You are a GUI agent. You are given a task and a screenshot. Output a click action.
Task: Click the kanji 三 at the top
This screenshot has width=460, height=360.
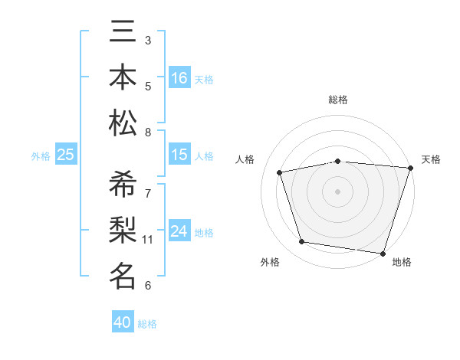123,33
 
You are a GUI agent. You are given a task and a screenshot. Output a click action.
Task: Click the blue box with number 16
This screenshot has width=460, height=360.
179,77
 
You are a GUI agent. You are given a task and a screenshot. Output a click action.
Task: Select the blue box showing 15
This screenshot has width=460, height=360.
179,155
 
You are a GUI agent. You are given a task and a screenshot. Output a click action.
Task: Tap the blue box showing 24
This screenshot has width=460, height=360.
179,231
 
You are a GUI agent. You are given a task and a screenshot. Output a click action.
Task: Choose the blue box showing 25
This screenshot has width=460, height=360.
65,155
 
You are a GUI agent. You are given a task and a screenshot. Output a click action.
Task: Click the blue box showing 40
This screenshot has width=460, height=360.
123,322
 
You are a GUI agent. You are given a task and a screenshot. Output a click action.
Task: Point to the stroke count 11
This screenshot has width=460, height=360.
148,240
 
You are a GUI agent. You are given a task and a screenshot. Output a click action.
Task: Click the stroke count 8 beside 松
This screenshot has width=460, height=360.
148,133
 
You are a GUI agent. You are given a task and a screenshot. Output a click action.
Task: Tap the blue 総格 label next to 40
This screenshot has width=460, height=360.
148,324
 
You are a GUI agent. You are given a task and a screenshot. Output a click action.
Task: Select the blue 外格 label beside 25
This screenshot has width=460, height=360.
41,155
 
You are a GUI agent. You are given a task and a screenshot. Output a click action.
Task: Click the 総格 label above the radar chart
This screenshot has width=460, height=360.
337,100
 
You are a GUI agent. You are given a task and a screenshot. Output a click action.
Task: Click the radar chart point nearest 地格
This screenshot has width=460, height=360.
383,253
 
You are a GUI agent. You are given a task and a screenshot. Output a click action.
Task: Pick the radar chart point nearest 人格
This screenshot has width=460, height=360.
280,172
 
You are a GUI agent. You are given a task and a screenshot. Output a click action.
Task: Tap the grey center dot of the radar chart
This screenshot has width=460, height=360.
337,191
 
